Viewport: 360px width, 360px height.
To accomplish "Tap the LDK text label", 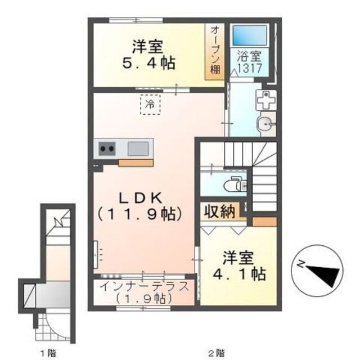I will (140, 197).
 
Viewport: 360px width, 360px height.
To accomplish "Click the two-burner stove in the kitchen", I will (107, 149).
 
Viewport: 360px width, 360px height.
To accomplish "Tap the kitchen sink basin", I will (138, 149).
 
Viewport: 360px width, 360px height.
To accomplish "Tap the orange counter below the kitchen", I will (136, 163).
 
